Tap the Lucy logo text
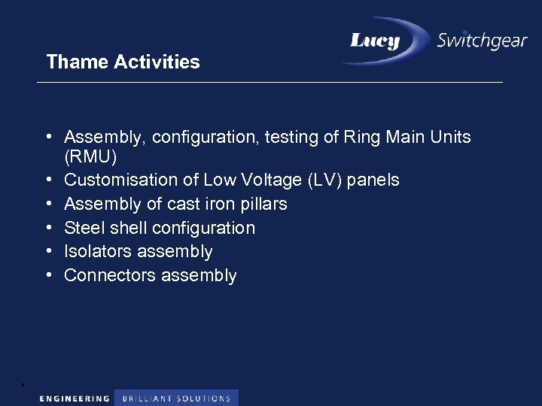(375, 41)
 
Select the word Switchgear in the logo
(482, 41)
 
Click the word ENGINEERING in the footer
(74, 398)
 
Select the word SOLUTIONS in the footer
(204, 398)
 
